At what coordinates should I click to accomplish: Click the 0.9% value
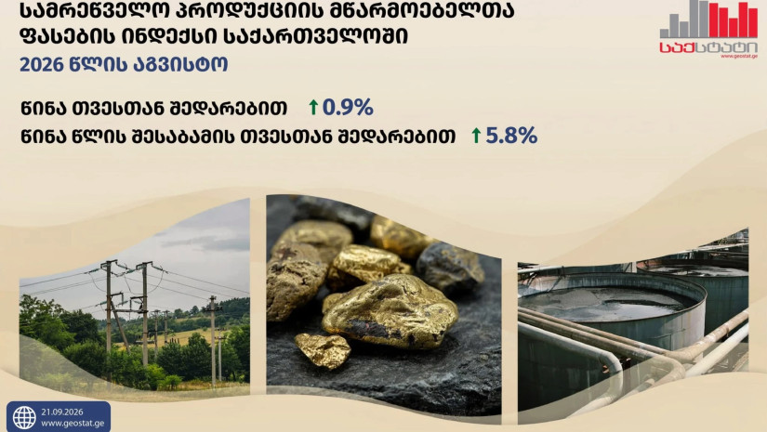point(348,107)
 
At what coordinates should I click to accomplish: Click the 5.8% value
point(511,136)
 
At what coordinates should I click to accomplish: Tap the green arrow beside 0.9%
point(313,107)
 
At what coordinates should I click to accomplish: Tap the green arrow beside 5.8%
point(476,136)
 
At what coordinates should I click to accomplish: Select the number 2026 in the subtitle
point(42,64)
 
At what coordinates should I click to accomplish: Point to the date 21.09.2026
point(62,412)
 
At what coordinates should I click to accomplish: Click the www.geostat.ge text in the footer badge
point(73,424)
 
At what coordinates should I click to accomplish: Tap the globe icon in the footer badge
point(24,417)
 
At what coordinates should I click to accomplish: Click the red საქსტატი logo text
point(708,47)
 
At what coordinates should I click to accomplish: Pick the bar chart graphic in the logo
point(708,20)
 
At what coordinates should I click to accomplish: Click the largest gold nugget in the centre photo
point(390,312)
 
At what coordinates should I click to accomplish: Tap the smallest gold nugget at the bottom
point(323,349)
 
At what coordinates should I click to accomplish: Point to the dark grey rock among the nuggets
point(449,268)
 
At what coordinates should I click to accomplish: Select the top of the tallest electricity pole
point(109,262)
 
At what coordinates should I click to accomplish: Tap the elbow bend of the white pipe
point(612,362)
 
